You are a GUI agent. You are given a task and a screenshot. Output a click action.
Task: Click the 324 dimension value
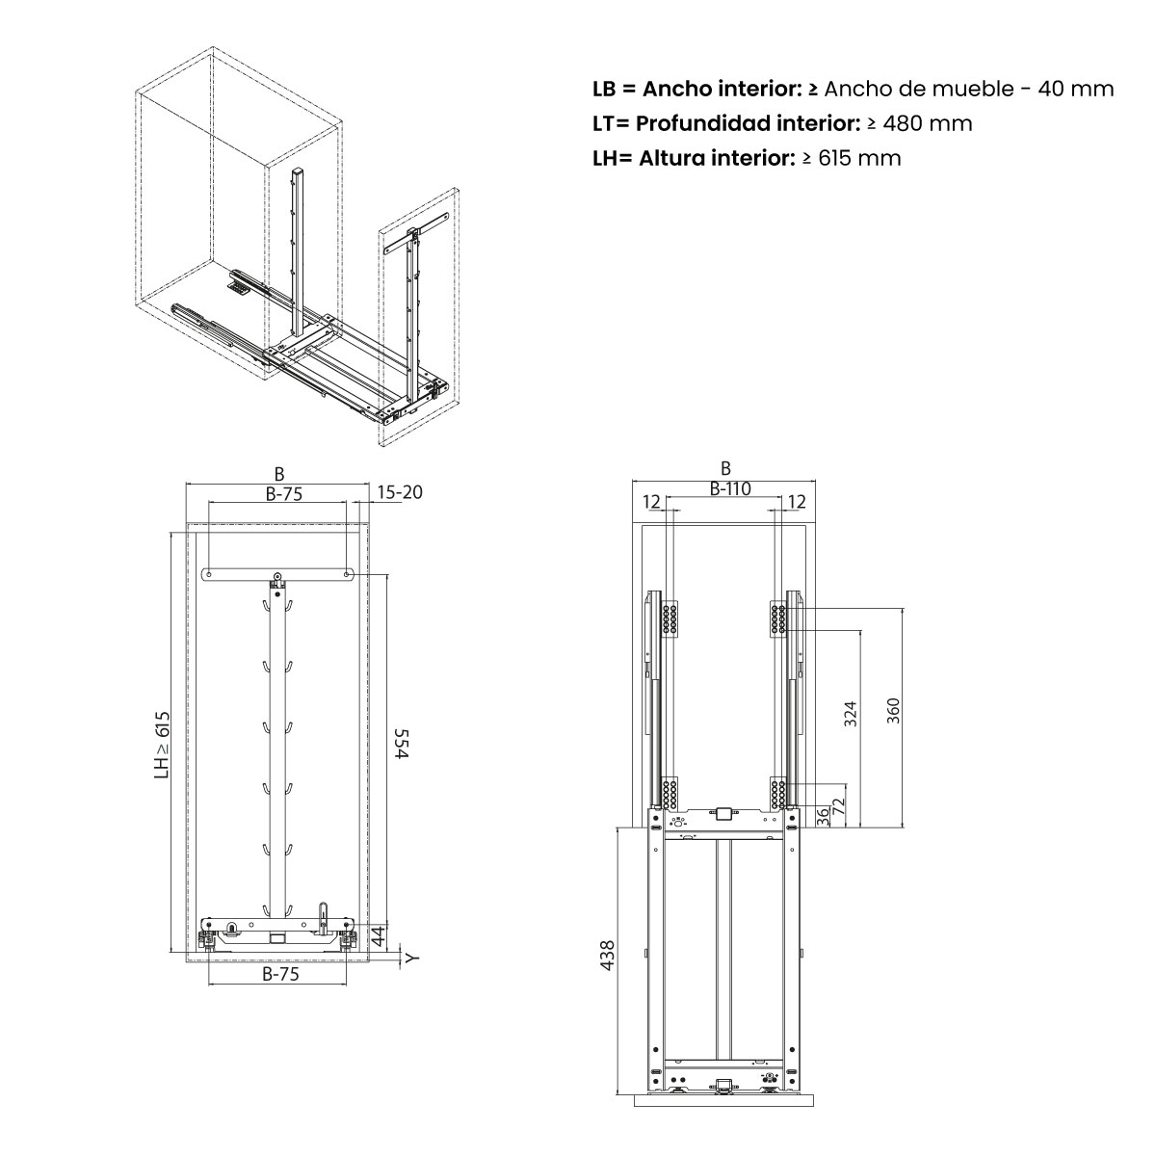tap(850, 714)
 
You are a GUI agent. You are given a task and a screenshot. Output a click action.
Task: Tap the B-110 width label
tap(729, 489)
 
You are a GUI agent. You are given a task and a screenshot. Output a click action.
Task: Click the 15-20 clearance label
tap(399, 492)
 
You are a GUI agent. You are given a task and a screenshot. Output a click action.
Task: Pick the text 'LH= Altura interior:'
tap(691, 158)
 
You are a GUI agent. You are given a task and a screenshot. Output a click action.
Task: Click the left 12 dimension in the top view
tap(652, 502)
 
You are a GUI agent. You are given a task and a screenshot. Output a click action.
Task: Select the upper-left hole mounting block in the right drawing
tap(670, 618)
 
